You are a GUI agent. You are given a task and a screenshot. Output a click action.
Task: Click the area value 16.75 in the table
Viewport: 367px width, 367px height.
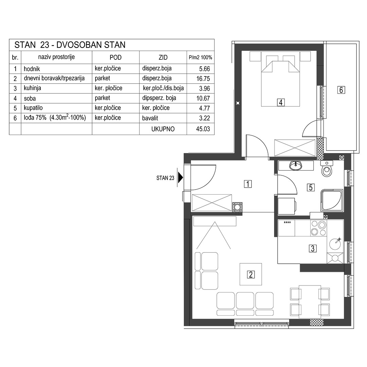[203, 78]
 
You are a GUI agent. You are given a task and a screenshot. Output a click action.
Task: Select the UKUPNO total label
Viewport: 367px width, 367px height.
[163, 129]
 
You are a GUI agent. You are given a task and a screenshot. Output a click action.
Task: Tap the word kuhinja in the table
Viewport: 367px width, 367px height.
[32, 88]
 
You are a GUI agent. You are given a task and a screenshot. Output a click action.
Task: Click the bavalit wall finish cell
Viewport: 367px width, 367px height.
[150, 118]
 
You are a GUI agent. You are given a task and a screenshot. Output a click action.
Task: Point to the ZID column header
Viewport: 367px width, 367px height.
[163, 57]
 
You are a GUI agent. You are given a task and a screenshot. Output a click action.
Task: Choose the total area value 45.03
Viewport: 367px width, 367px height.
[203, 129]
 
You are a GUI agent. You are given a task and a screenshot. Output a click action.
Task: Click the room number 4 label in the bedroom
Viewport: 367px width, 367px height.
[281, 102]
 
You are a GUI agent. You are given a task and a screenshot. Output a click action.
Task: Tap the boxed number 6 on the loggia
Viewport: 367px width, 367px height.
[341, 90]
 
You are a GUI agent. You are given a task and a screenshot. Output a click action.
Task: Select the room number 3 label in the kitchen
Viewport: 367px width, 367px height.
[313, 248]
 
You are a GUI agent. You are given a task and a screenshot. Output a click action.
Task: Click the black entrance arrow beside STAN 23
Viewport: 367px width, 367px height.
[180, 177]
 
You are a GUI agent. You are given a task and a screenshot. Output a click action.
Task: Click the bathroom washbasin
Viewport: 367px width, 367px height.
[296, 166]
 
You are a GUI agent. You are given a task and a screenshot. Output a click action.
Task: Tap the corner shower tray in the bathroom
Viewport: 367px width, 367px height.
[332, 200]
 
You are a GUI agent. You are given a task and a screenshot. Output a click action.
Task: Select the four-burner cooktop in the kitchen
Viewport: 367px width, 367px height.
[318, 228]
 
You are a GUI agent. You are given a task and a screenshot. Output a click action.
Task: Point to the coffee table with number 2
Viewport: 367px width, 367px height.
[251, 274]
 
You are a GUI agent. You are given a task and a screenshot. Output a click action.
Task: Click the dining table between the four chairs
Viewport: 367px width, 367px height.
[310, 302]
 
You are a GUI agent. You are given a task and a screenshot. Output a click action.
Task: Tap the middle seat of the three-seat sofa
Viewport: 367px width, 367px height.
[245, 303]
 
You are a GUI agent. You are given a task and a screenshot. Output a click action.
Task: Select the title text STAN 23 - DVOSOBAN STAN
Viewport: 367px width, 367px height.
[70, 45]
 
